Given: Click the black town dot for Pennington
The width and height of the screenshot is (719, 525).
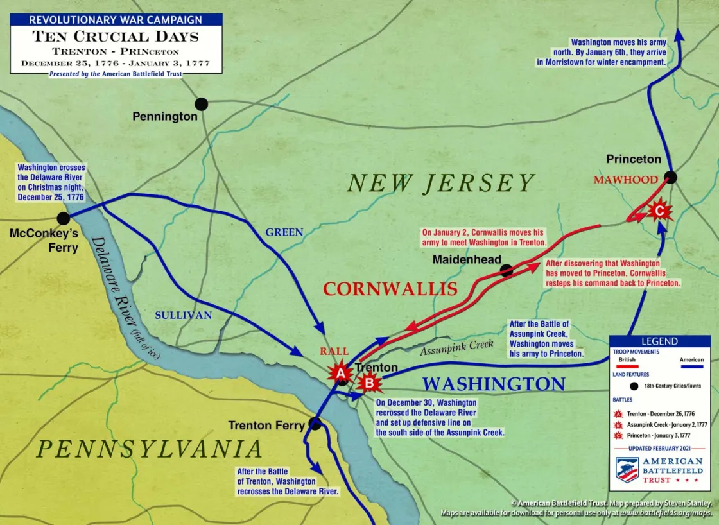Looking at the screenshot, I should pos(202,104).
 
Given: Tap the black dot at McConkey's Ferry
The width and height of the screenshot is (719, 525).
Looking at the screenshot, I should pos(63,218).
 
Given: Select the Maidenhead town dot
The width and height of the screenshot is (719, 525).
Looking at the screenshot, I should pos(507,271).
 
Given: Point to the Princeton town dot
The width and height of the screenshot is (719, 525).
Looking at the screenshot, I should pos(670,177).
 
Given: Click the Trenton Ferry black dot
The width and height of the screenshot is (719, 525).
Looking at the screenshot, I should pos(315,424).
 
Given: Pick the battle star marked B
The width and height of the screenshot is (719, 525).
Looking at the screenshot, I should pos(369,383).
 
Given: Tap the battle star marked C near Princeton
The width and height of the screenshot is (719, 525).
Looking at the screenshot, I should pos(658,209).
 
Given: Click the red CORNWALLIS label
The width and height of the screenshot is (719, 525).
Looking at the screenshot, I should pos(390,289).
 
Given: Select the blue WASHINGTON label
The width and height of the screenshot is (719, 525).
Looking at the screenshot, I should pos(494,384).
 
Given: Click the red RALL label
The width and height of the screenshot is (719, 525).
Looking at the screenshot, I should pos(334,351).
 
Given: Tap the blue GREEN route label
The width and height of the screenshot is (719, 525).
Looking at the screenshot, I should pos(284,232).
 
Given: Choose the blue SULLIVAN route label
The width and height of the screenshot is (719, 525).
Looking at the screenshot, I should pos(183,315).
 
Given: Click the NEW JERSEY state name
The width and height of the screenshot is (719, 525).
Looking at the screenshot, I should pos(440,184).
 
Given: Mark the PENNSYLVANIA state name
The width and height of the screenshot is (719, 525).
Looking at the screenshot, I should pos(150,449).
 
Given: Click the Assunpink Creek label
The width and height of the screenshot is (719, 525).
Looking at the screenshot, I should pos(456,347).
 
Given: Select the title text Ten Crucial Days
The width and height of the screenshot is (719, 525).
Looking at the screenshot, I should pos(116,36).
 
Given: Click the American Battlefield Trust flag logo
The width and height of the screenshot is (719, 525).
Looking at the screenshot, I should pos(627,470).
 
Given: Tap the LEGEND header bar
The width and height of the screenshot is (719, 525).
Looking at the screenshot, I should pos(659,341).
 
